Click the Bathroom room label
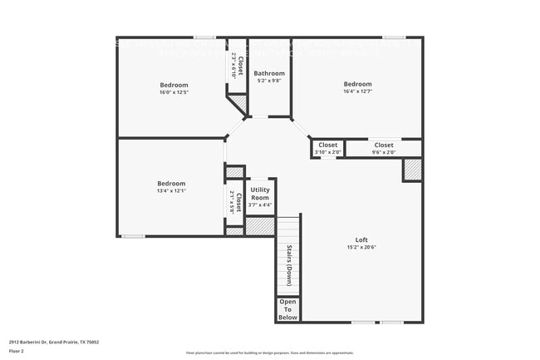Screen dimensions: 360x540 (268, 73)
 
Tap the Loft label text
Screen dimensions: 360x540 (361, 239)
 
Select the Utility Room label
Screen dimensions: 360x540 (260, 194)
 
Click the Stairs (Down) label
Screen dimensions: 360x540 (288, 265)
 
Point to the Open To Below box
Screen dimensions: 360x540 (287, 309)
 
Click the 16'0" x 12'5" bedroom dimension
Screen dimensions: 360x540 (174, 92)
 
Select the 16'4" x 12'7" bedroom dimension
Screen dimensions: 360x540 (358, 91)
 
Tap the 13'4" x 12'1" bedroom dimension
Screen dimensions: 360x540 (171, 191)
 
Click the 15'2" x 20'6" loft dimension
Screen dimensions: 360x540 (361, 248)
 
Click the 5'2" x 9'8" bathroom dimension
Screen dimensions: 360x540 (268, 81)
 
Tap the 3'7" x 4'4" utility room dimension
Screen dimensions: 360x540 (260, 205)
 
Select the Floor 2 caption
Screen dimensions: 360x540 (17, 350)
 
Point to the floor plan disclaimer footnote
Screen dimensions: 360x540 (269, 354)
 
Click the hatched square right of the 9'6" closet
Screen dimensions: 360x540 (412, 170)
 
